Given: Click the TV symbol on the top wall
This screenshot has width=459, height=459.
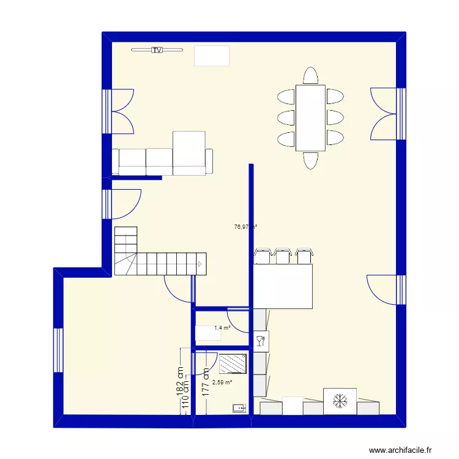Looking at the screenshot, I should [157, 50].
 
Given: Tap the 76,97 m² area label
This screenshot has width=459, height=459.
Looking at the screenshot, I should [245, 226].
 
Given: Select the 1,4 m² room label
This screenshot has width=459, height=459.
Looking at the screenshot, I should [222, 329].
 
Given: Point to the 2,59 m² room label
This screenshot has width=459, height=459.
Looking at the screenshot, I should [222, 382].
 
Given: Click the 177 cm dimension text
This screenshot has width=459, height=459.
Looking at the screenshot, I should [207, 383].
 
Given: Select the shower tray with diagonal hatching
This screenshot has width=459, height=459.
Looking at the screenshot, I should [233, 363].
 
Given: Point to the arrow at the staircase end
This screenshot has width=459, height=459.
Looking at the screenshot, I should [200, 264].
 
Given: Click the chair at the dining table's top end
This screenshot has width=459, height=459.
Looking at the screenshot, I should [310, 76].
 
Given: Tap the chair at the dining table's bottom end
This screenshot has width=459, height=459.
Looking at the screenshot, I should [310, 160].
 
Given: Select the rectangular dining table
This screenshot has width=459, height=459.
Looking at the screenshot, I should [310, 118].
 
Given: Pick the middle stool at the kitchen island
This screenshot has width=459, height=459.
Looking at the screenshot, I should [283, 256].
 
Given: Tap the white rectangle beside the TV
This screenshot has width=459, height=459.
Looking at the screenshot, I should [212, 55].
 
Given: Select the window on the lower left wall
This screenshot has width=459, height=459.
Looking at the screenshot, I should [59, 351].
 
